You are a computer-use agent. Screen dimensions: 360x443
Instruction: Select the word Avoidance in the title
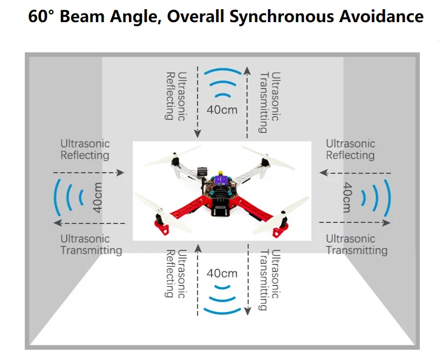tap(381, 16)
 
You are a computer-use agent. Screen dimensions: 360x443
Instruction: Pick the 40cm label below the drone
tap(222, 273)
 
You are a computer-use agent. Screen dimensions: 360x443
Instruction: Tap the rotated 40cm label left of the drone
tap(98, 198)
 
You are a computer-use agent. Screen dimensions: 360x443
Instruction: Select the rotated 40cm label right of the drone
tap(347, 198)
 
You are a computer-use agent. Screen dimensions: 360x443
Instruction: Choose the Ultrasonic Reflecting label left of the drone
tap(85, 150)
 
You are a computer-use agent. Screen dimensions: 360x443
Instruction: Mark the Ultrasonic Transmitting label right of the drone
tap(356, 244)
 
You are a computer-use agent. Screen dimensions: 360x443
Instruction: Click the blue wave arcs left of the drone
tap(68, 198)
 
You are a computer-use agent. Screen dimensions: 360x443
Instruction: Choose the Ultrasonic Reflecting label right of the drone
tap(350, 150)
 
